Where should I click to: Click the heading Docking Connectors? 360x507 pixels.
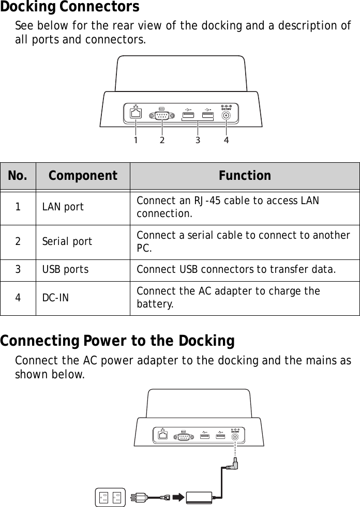(70, 7)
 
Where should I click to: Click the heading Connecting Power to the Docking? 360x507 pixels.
(117, 342)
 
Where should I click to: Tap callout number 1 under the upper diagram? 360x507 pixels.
(136, 140)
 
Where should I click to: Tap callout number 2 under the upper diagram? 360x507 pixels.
(162, 140)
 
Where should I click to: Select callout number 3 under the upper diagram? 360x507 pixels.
(198, 140)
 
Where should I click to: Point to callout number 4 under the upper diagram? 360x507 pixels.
(226, 140)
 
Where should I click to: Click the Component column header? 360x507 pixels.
(83, 176)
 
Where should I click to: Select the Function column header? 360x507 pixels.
(245, 176)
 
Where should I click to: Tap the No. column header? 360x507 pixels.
(18, 176)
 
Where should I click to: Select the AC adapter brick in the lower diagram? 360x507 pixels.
(204, 497)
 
